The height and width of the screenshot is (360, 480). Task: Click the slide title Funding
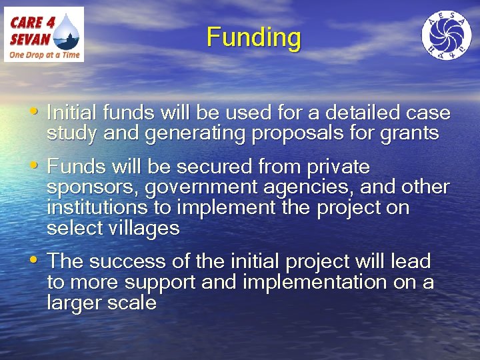coord(253,37)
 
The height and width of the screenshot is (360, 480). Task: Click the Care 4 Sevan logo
coord(44,34)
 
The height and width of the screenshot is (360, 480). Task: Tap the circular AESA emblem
coord(446,35)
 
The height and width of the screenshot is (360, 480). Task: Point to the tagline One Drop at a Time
coord(44,55)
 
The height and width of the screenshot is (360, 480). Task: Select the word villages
coord(140,229)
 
